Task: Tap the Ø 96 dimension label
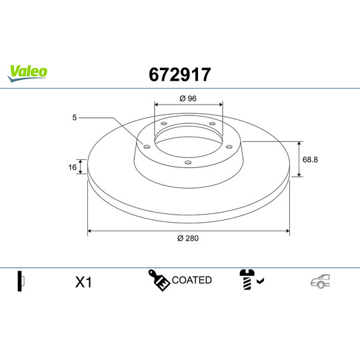(187, 99)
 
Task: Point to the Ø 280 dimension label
(189, 239)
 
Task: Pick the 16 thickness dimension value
(72, 167)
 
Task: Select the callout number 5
(75, 117)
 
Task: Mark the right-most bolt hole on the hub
(229, 147)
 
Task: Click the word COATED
(191, 280)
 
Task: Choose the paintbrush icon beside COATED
(159, 281)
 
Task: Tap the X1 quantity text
(83, 283)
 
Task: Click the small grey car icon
(319, 282)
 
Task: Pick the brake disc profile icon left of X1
(21, 281)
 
